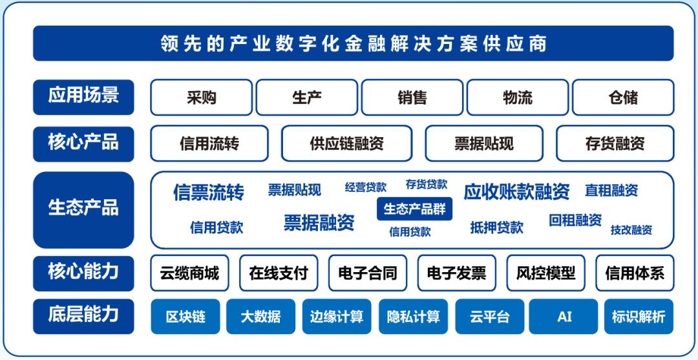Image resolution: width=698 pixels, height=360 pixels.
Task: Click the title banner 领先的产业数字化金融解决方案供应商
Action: click(353, 43)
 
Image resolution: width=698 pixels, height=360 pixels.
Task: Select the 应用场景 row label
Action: click(83, 97)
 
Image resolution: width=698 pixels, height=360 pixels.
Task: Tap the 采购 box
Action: click(201, 98)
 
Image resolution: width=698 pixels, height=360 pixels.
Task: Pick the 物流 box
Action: click(517, 98)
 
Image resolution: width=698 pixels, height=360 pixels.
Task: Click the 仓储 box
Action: click(623, 98)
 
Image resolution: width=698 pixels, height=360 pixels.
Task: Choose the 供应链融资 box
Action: click(347, 143)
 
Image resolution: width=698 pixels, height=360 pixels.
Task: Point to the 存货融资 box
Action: click(615, 143)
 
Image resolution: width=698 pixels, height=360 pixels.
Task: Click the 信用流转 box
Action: click(209, 143)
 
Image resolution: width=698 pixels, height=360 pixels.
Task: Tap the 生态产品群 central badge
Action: click(414, 209)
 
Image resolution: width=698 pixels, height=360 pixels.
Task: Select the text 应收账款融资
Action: click(516, 191)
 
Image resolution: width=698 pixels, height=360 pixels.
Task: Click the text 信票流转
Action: click(208, 192)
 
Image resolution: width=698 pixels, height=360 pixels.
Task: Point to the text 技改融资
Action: click(631, 229)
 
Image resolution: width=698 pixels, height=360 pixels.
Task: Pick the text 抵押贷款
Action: click(496, 228)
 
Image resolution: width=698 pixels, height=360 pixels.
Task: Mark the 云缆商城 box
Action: click(189, 273)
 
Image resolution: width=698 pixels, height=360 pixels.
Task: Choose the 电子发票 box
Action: click(456, 273)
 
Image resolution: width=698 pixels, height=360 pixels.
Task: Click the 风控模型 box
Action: click(545, 273)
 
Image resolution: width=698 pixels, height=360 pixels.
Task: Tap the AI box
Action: click(564, 317)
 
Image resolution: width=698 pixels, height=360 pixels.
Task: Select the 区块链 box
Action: click(185, 317)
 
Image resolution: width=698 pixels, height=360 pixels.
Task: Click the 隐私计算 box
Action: click(413, 317)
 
